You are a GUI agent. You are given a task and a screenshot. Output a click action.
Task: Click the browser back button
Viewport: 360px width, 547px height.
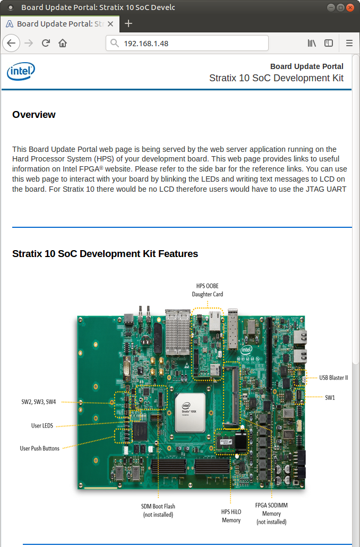click(x=12, y=43)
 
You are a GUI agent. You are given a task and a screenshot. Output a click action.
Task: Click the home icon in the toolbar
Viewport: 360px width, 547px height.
click(x=63, y=43)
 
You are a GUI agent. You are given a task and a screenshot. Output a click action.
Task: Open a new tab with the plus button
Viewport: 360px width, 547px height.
click(x=128, y=24)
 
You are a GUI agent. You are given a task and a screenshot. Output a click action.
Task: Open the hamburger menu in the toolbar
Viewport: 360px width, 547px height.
click(x=349, y=43)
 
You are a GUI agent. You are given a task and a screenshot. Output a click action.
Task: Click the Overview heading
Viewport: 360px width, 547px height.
click(x=34, y=115)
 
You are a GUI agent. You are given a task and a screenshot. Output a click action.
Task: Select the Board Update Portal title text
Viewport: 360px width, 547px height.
click(x=306, y=66)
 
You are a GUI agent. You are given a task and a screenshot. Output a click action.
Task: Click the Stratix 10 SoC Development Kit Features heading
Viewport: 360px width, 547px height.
click(x=105, y=254)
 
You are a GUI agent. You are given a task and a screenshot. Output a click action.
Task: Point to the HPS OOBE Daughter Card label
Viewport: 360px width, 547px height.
click(x=208, y=290)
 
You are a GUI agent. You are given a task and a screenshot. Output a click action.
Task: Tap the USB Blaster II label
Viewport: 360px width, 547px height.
click(x=333, y=378)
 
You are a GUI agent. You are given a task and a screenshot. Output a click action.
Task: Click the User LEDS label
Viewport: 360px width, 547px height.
click(x=42, y=425)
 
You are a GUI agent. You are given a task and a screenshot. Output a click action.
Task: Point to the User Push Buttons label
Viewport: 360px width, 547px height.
click(x=40, y=448)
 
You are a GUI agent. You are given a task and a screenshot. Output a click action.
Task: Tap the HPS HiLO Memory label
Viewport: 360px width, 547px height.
click(x=231, y=516)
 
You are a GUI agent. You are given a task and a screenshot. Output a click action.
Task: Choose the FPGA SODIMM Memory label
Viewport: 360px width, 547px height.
click(x=271, y=514)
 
